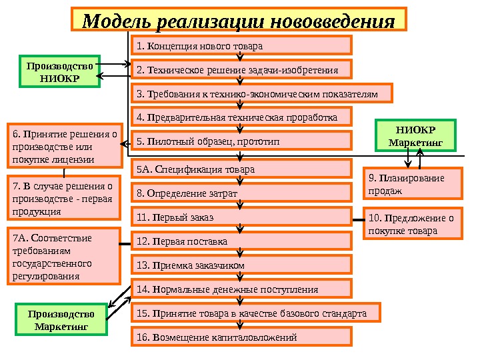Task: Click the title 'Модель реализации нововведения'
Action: (239, 21)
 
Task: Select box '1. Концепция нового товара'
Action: (241, 46)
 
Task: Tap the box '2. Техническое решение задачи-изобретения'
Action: (241, 70)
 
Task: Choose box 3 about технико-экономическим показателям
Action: (262, 94)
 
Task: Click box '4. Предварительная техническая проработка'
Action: (241, 118)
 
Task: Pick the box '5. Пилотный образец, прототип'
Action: (241, 142)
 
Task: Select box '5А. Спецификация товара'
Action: (241, 169)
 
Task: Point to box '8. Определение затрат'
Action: (241, 193)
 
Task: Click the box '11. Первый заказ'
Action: (241, 217)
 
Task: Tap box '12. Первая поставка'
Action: (241, 241)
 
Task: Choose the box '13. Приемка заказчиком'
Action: (241, 265)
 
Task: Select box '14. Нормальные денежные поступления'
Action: (241, 289)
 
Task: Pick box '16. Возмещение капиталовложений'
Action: (241, 337)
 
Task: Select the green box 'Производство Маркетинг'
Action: (61, 320)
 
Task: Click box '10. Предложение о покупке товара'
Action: (413, 225)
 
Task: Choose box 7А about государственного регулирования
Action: (62, 257)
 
